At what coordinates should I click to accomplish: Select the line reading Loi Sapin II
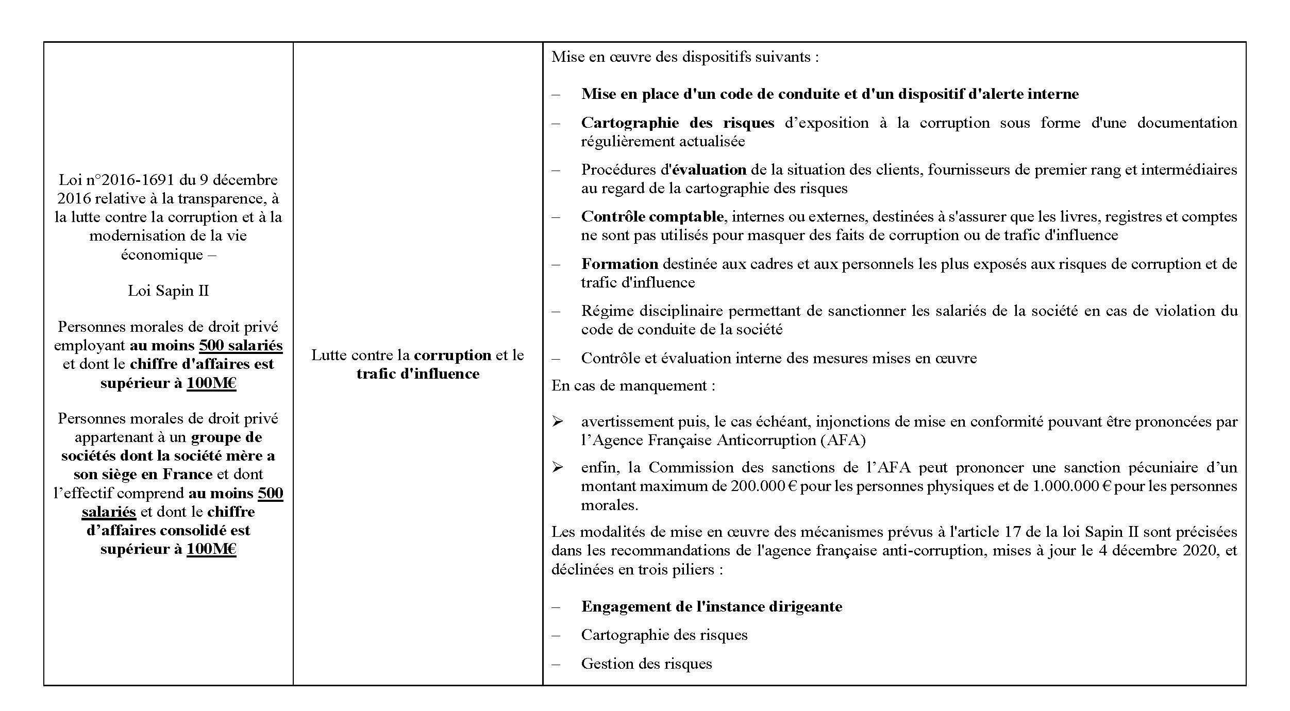pos(168,291)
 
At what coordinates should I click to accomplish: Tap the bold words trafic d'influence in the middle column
pos(417,374)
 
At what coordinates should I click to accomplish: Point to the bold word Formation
pos(619,264)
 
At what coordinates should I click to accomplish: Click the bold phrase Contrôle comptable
pos(652,216)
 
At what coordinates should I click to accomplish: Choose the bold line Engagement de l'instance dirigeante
pos(711,606)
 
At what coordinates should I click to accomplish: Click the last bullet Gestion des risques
pos(646,664)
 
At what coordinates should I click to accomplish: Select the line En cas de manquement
pos(633,385)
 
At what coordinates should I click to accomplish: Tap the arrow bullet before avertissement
pos(557,421)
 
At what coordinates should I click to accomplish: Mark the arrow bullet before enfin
pos(557,467)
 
